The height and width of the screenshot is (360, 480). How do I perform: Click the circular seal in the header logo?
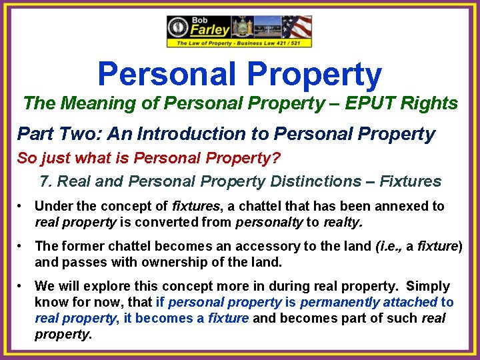pyautogui.click(x=178, y=28)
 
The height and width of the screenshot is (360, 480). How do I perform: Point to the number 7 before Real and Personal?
pyautogui.click(x=45, y=181)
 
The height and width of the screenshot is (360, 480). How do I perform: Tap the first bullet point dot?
pyautogui.click(x=22, y=207)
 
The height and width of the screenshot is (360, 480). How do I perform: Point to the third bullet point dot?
pyautogui.click(x=22, y=286)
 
